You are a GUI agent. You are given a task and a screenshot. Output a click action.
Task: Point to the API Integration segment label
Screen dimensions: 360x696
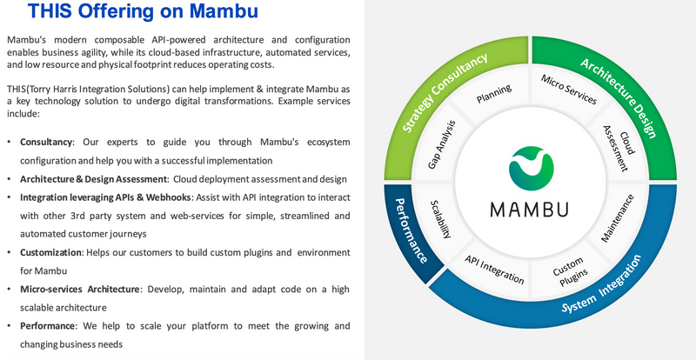494,270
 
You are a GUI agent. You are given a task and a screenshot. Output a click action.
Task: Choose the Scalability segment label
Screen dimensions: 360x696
442,225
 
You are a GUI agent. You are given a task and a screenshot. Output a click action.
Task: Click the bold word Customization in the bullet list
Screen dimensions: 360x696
50,251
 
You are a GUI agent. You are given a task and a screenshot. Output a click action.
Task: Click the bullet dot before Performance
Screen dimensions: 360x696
10,326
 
